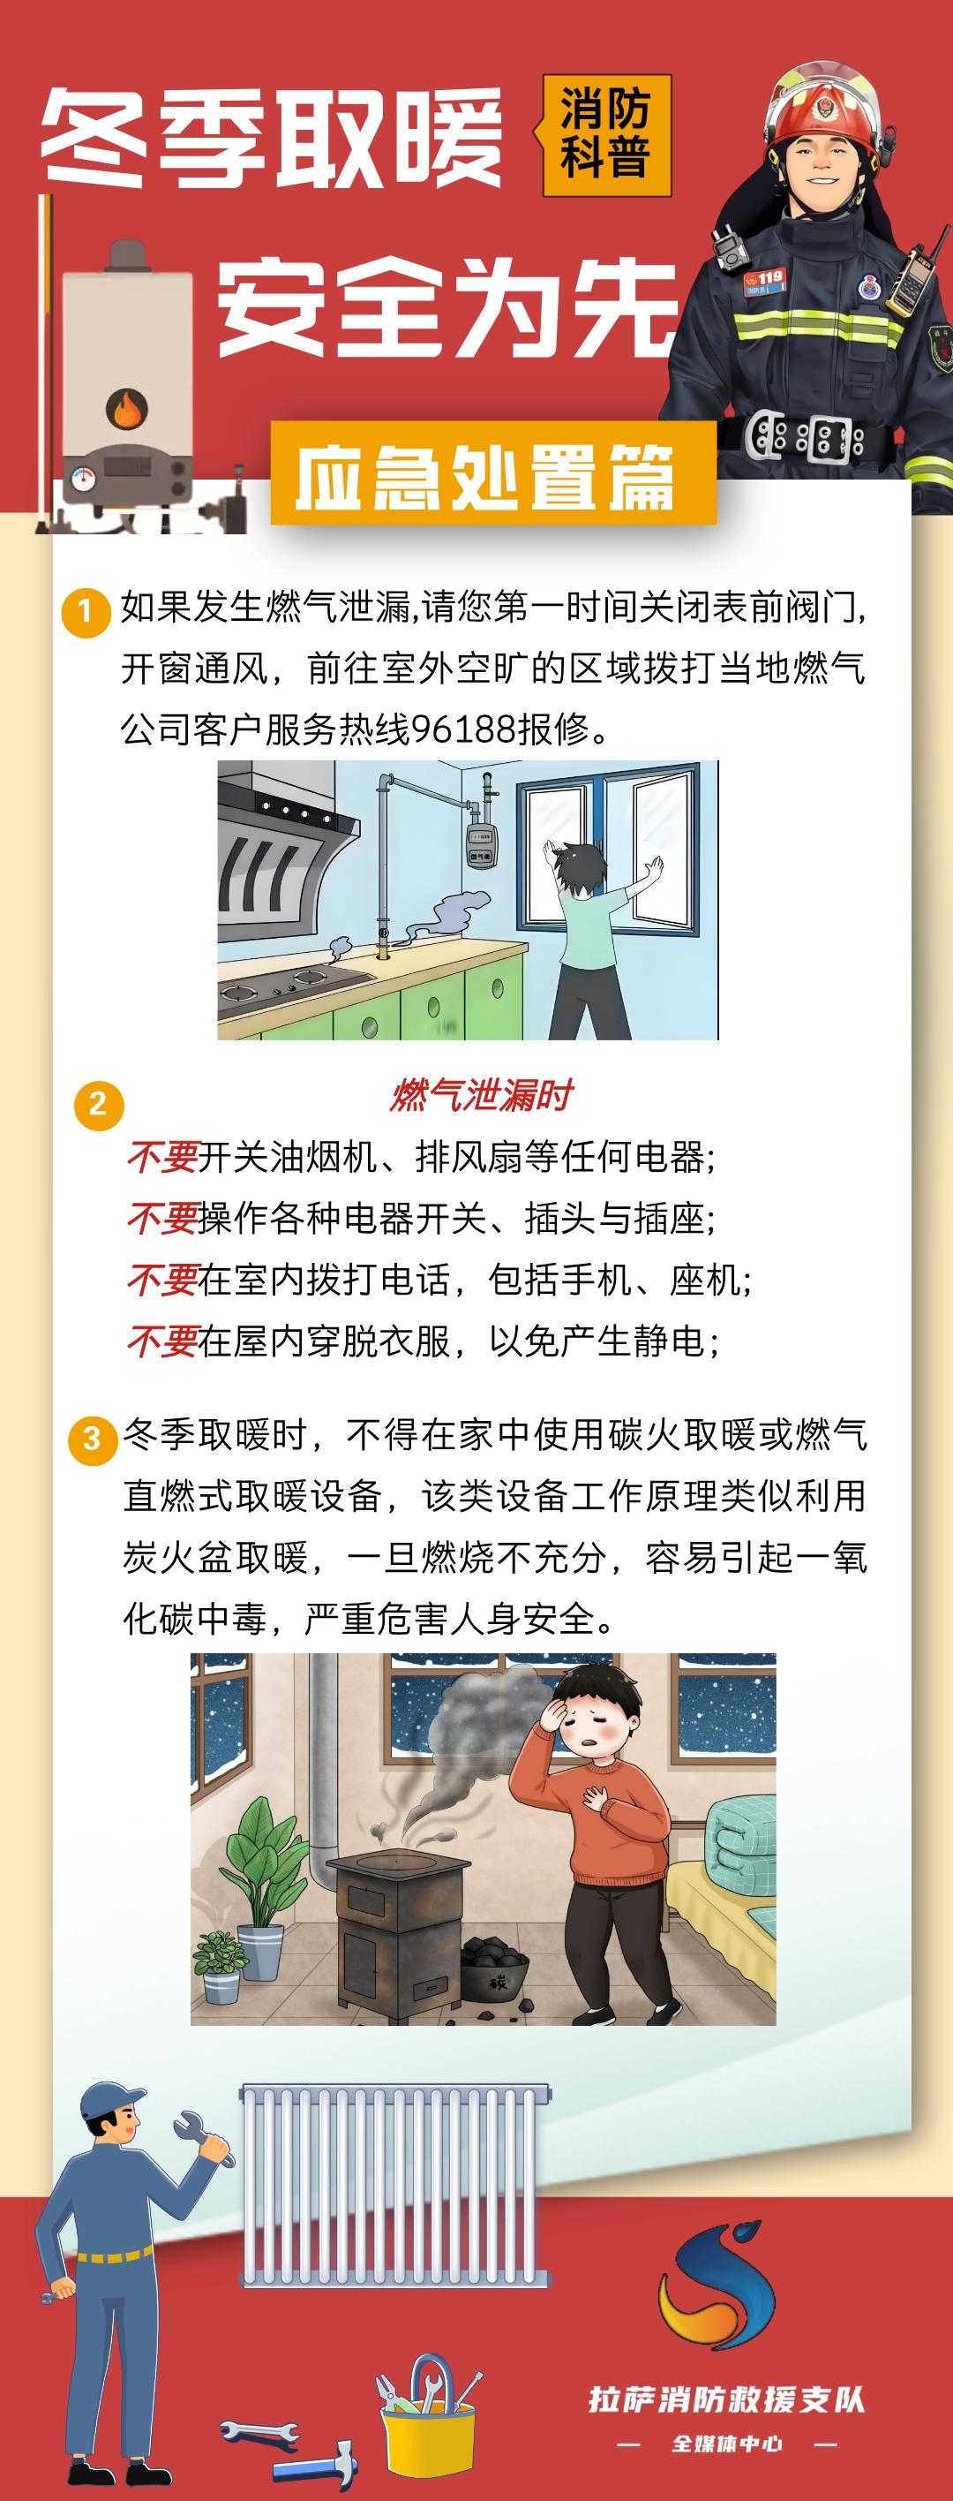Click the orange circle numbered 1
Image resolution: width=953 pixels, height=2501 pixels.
click(86, 612)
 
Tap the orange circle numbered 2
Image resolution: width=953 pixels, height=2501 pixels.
click(98, 1104)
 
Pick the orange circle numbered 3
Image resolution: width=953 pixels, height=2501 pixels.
click(92, 1437)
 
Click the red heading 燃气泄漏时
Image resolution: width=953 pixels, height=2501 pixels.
click(480, 1095)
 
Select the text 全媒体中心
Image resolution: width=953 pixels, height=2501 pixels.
click(727, 2444)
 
